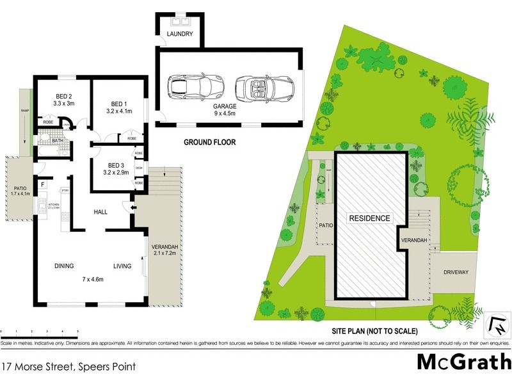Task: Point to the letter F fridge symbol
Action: tap(43, 186)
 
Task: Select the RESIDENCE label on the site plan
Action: tap(369, 218)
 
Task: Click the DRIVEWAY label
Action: tap(456, 272)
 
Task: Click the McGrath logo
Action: tap(463, 362)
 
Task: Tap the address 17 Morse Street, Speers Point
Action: tap(68, 367)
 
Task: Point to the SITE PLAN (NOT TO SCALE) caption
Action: tap(375, 331)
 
